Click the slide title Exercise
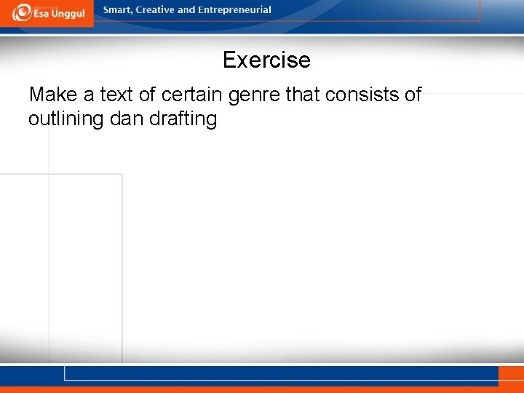point(266,60)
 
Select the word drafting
point(183,119)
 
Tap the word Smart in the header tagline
point(117,10)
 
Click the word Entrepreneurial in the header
point(234,10)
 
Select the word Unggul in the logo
point(68,14)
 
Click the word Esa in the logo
point(40,14)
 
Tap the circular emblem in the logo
point(22,12)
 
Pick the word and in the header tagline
point(187,10)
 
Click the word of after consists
point(413,95)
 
